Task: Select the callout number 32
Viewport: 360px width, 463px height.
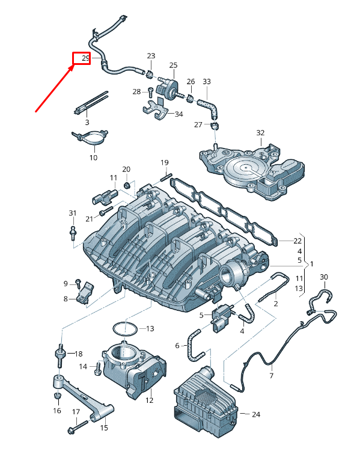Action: [260, 132]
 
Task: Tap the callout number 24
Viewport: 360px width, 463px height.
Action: [257, 414]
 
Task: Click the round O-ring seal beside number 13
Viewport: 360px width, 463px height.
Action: [124, 329]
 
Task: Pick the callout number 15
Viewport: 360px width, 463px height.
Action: [103, 428]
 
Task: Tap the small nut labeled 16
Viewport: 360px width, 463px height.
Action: [57, 396]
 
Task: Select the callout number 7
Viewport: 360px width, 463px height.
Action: [271, 375]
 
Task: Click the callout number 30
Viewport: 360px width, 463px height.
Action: [323, 277]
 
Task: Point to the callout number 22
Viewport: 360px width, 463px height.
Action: [297, 241]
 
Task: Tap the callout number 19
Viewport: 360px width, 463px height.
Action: [164, 163]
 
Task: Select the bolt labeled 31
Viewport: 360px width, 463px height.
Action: [73, 231]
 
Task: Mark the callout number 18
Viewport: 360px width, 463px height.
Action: [79, 354]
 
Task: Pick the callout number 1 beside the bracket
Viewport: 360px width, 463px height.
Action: [311, 264]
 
